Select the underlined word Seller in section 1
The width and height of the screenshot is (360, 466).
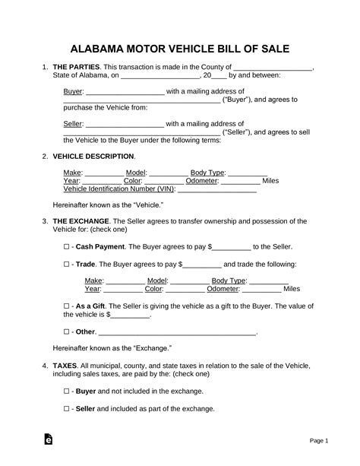[x=73, y=122]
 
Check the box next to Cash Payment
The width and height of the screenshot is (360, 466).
[x=67, y=248]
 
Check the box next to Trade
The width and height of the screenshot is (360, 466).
[x=67, y=265]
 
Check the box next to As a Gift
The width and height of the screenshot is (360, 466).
[x=67, y=305]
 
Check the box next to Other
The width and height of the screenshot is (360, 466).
[x=67, y=332]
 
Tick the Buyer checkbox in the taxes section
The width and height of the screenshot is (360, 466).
[x=67, y=392]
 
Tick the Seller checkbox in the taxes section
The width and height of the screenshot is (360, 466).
[x=67, y=409]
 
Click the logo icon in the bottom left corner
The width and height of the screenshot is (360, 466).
[x=49, y=439]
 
